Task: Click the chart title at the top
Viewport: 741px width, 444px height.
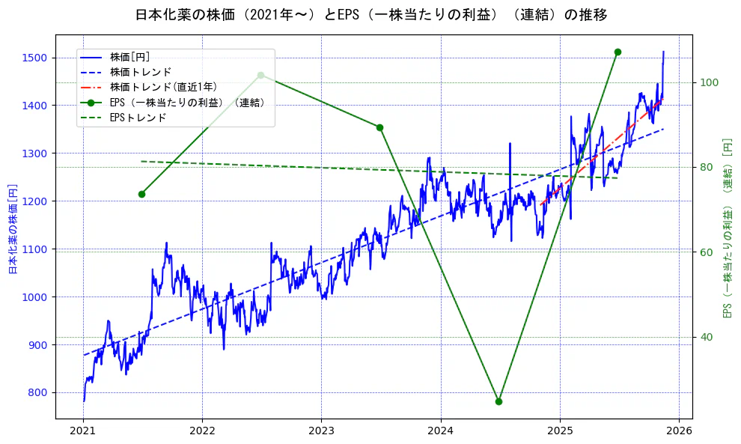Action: (x=371, y=14)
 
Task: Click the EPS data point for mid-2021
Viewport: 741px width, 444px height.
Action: (x=141, y=194)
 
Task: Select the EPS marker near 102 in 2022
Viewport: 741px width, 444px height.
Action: (x=260, y=75)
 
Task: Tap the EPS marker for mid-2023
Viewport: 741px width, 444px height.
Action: (x=379, y=127)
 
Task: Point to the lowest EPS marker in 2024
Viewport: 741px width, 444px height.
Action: (x=498, y=401)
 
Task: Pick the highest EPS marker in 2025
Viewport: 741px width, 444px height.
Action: (x=617, y=52)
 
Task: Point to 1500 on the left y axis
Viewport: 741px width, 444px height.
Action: (x=35, y=58)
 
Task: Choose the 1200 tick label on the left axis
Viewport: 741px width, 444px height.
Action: (x=35, y=201)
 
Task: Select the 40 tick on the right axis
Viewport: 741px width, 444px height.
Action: (x=706, y=337)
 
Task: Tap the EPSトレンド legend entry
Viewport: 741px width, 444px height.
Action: (x=138, y=118)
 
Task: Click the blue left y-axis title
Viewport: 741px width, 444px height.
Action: (x=13, y=228)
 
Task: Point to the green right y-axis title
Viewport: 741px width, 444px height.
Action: (x=727, y=228)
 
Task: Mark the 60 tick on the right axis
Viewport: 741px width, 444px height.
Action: (x=706, y=252)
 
